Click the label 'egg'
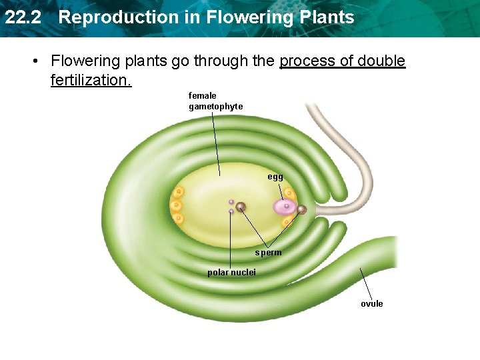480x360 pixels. (x=275, y=177)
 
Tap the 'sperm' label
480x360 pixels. (x=268, y=253)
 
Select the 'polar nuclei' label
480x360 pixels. (x=231, y=273)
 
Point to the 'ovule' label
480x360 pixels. (x=372, y=304)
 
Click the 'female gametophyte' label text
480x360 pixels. (x=215, y=101)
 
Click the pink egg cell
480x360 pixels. (x=285, y=207)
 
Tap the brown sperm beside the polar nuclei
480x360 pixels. (x=241, y=207)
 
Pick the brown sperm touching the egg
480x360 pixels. (x=301, y=209)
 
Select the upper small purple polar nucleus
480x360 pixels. (x=231, y=201)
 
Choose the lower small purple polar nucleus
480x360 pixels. (x=231, y=211)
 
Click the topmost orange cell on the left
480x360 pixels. (x=179, y=193)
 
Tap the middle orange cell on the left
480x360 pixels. (x=176, y=205)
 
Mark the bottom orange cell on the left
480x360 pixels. (x=178, y=218)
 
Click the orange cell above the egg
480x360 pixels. (x=289, y=193)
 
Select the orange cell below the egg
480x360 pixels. (x=287, y=221)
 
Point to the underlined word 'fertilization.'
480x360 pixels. (x=91, y=81)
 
